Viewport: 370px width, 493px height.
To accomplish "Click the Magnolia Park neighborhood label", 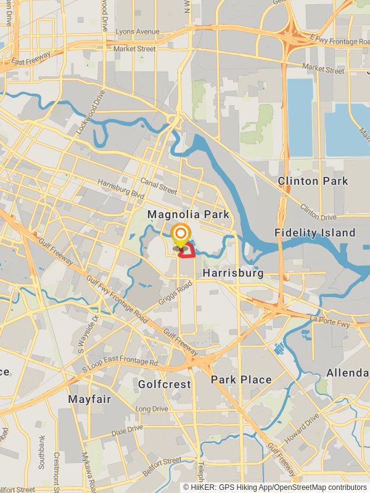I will (188, 214).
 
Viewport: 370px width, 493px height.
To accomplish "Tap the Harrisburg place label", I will (232, 273).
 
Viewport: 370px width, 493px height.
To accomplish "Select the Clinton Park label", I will (313, 181).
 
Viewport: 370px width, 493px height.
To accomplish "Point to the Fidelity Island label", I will (315, 232).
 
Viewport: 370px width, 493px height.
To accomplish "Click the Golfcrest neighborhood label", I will (164, 385).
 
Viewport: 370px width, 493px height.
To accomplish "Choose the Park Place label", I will (241, 380).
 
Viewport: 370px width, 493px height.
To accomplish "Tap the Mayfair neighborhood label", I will (89, 399).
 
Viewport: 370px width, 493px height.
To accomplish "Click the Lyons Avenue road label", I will (138, 31).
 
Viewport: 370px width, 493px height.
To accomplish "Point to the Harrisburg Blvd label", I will (120, 189).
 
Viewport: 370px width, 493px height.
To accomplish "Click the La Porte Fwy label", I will (330, 320).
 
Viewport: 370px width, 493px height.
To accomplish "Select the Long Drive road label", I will (151, 409).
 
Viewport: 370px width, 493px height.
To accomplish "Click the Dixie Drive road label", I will (127, 430).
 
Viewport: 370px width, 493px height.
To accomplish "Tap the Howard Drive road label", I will (303, 426).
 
